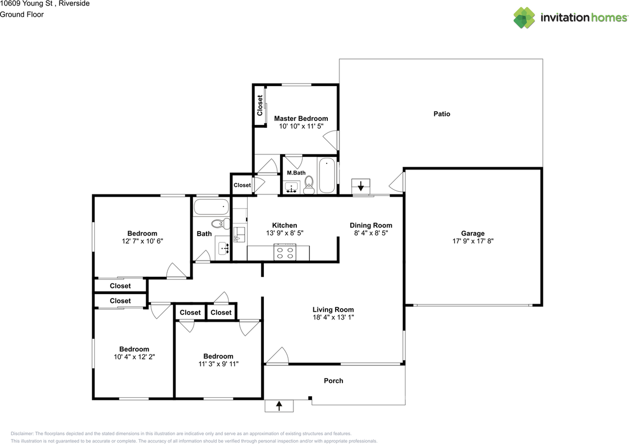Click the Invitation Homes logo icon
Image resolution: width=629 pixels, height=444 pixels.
coord(524,18)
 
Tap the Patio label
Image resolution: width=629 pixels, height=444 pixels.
coord(441,114)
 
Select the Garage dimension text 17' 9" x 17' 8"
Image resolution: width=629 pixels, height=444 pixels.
coord(473,241)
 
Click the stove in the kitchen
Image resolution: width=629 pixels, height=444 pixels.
coord(285,252)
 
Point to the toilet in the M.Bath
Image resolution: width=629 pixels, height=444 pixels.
coord(309,183)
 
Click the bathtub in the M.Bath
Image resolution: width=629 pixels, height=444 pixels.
coord(327,176)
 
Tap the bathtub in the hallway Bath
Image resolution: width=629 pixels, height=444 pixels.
coord(211,207)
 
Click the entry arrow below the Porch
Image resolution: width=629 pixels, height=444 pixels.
coord(279,406)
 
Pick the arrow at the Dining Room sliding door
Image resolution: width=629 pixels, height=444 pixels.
coord(361,186)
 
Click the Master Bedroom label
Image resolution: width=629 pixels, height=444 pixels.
coord(301,118)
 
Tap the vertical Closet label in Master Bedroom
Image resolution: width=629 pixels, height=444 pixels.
coord(260,105)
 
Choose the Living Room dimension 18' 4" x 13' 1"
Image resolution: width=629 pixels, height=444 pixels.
coord(333,317)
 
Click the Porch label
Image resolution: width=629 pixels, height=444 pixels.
coord(333,381)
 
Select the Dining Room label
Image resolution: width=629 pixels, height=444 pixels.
coord(371,225)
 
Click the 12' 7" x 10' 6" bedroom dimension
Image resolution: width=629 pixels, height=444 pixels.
coord(142,241)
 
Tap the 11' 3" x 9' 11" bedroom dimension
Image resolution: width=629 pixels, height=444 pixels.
coord(218,364)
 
